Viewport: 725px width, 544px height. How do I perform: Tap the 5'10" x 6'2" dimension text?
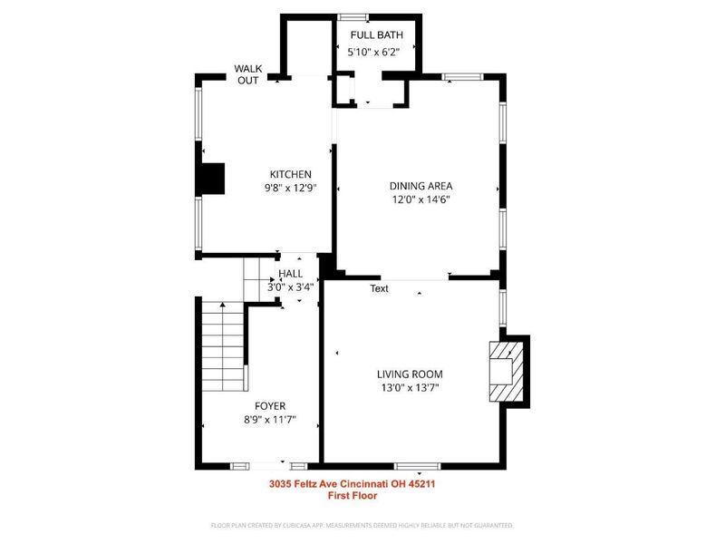click(374, 53)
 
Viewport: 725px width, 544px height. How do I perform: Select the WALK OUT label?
click(247, 74)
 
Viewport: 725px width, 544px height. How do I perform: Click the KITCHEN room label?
click(290, 174)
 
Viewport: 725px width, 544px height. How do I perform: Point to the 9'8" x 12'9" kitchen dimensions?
click(290, 189)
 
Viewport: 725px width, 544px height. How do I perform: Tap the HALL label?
click(291, 274)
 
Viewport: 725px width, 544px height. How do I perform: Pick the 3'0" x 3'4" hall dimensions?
click(290, 287)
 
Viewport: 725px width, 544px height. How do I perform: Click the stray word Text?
click(379, 289)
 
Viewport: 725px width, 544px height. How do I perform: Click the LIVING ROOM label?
click(410, 374)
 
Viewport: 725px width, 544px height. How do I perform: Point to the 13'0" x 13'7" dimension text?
click(410, 388)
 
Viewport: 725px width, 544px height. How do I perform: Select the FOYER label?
click(270, 405)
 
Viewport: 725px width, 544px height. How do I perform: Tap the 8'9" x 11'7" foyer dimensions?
click(270, 420)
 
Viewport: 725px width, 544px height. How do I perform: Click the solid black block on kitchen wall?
click(212, 178)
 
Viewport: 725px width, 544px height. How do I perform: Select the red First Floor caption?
click(353, 496)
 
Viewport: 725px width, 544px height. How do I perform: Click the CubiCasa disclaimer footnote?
click(362, 525)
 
